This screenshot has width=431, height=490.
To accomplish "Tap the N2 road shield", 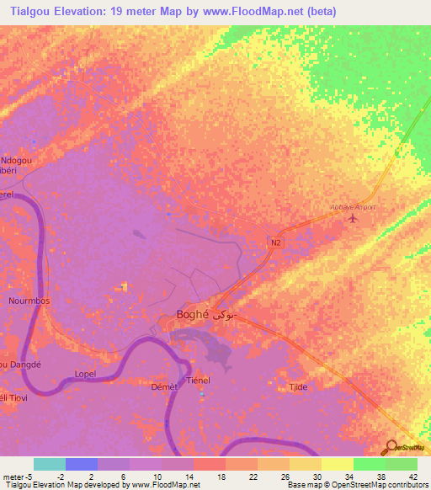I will click(x=276, y=242).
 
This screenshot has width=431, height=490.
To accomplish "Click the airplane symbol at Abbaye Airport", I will click(x=352, y=218).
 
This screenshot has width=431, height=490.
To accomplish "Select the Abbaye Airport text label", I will click(x=352, y=207).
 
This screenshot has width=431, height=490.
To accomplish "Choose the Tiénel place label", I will click(x=198, y=381).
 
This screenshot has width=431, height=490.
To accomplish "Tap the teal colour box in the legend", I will click(x=50, y=464).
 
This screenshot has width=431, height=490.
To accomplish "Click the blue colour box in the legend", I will click(x=82, y=464).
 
